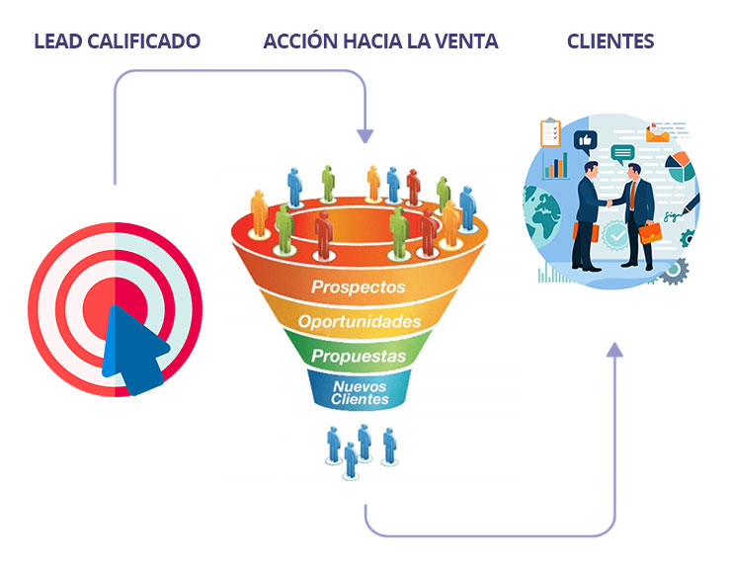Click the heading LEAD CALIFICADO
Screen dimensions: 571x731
point(117,41)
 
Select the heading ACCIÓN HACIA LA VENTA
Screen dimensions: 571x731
point(380,41)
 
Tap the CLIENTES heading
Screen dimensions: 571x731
point(610,41)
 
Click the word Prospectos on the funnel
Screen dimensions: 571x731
point(359,287)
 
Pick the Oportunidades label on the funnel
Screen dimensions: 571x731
point(360,322)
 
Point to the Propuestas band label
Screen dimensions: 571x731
point(359,355)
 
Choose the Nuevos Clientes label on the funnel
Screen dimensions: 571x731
point(360,393)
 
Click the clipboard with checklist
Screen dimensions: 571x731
point(550,131)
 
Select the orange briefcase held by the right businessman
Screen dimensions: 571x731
point(650,233)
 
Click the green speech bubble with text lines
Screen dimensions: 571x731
point(622,153)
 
